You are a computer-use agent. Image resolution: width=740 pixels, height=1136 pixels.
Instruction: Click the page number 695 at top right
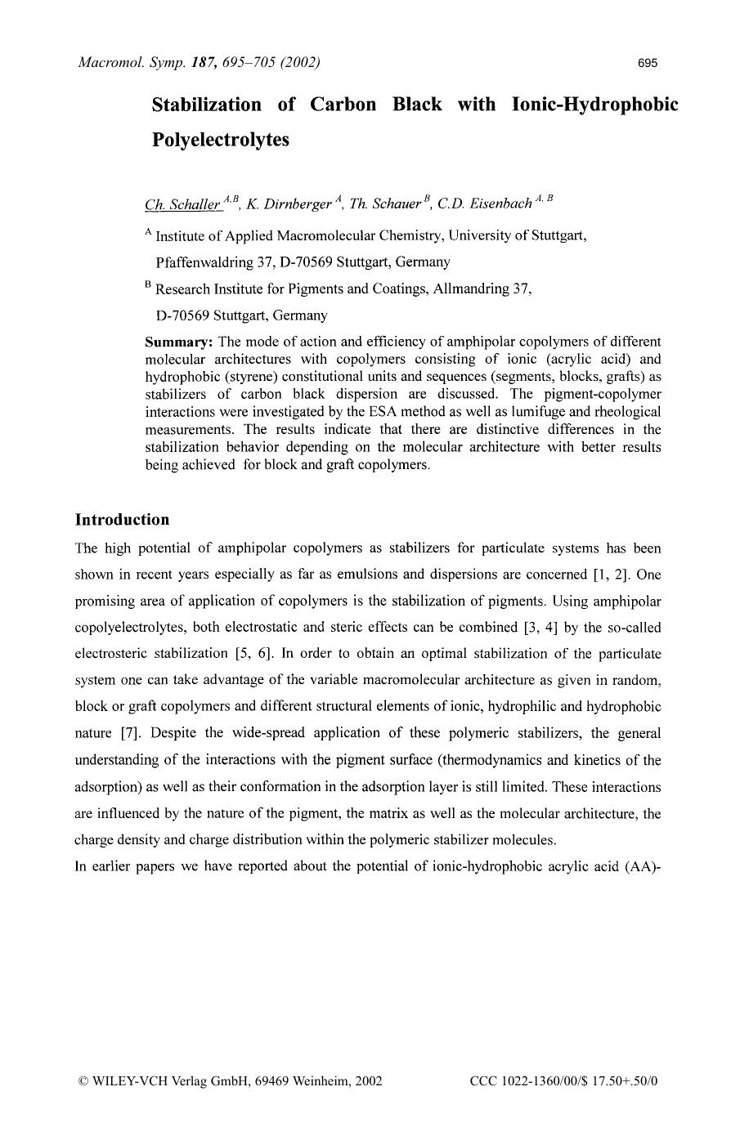[x=648, y=63]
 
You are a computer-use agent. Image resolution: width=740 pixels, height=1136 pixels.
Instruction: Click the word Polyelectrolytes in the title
[x=221, y=140]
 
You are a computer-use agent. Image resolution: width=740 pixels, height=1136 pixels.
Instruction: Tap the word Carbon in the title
[x=343, y=105]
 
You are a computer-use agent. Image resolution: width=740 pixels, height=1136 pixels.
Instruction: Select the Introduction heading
[x=122, y=520]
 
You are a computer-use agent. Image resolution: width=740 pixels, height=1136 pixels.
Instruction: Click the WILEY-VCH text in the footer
[x=129, y=1080]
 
